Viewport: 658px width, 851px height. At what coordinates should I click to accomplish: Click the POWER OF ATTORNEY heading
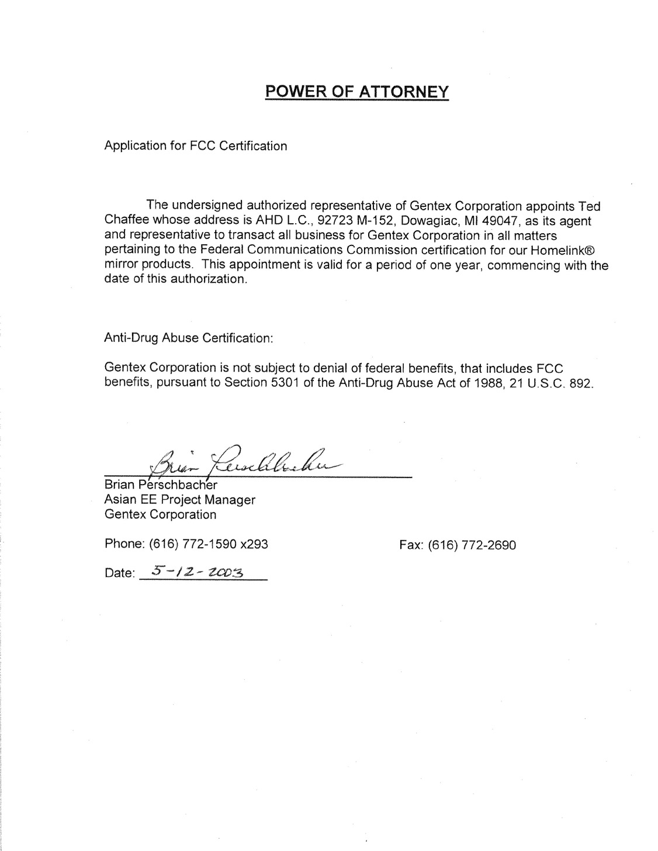tap(356, 92)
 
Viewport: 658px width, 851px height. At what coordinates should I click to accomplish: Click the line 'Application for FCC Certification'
tap(195, 146)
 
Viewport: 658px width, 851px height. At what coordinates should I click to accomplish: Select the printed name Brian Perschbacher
tap(161, 485)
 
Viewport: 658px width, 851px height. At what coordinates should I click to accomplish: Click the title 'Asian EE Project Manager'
tap(179, 500)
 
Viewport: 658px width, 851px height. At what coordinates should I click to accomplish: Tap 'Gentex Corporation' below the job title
tap(160, 514)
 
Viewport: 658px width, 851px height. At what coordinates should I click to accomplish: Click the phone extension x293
tap(254, 544)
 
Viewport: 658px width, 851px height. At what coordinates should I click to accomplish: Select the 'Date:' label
tap(119, 573)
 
